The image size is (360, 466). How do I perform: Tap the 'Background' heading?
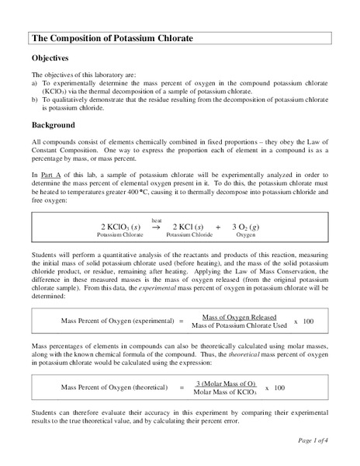54,125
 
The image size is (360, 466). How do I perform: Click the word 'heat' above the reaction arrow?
157,220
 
